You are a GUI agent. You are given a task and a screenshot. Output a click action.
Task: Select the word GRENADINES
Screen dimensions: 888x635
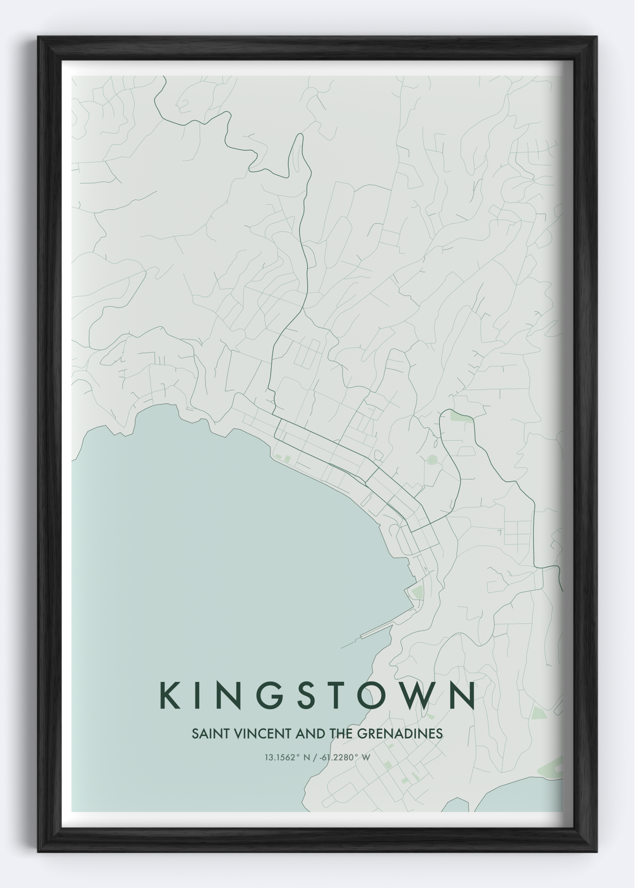400,734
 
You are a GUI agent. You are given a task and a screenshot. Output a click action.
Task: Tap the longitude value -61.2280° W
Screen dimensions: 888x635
344,758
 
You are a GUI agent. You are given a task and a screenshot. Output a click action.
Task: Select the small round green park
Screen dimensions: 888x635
432,460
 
